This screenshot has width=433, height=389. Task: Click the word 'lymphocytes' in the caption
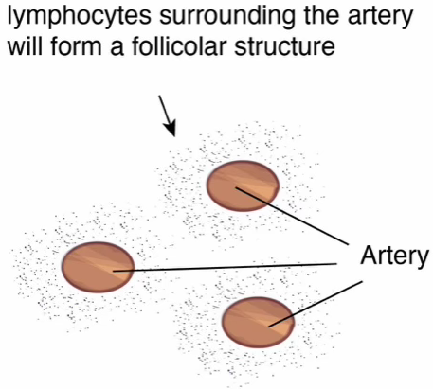[79, 16]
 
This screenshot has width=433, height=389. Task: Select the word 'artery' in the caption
[380, 17]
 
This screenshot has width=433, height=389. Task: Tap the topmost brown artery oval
[243, 186]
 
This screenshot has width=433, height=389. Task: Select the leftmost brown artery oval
[98, 267]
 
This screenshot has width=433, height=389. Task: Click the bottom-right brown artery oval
[258, 322]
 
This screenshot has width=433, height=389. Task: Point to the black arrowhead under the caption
[170, 130]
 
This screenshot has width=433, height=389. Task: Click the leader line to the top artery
[292, 216]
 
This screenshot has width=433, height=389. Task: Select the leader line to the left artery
[226, 267]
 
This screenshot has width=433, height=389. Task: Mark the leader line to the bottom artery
[316, 304]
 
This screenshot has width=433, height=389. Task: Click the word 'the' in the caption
[321, 16]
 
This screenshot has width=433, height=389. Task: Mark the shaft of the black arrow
[164, 110]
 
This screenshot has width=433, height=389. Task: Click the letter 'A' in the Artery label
[369, 255]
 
